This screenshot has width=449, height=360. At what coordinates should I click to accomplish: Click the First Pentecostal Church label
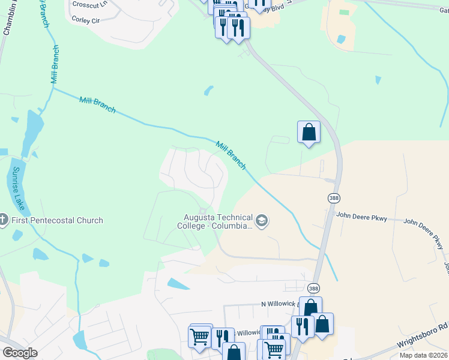click(57, 220)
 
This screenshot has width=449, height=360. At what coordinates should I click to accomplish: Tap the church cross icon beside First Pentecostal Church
click(4, 220)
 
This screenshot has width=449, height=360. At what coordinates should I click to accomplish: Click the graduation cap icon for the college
click(262, 221)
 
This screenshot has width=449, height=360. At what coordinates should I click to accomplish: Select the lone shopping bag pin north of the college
click(309, 132)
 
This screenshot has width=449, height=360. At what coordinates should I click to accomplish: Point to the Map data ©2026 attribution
click(423, 355)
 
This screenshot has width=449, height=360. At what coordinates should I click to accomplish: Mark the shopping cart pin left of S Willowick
click(200, 336)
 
